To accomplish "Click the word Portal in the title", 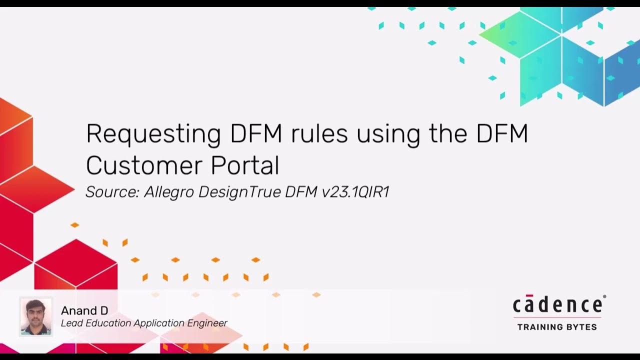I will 245,165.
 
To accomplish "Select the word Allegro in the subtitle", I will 169,193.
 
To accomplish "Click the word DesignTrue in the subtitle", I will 240,193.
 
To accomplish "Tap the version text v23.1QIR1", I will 355,192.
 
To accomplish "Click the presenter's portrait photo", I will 36,316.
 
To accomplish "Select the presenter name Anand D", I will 84,311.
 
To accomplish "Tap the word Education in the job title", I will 107,323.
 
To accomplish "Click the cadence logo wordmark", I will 557,305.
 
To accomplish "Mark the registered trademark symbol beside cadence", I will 604,297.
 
